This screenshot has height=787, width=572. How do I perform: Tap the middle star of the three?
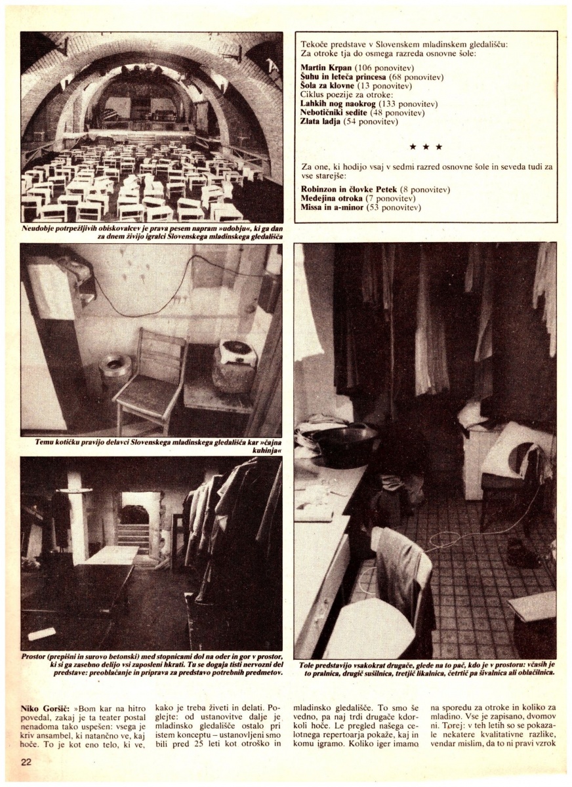pos(426,147)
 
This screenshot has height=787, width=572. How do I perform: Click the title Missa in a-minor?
pos(332,207)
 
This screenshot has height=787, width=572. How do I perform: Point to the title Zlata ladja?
pos(320,122)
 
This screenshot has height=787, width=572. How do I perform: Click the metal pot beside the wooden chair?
pos(116,367)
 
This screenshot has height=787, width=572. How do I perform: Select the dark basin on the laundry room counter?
pos(335,439)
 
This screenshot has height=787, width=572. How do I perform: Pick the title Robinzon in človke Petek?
pos(349,190)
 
